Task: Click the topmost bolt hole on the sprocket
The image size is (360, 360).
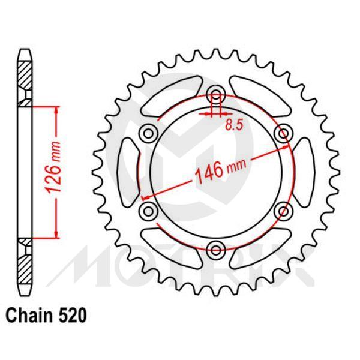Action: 215,95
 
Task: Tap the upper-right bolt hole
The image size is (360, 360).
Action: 281,133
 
